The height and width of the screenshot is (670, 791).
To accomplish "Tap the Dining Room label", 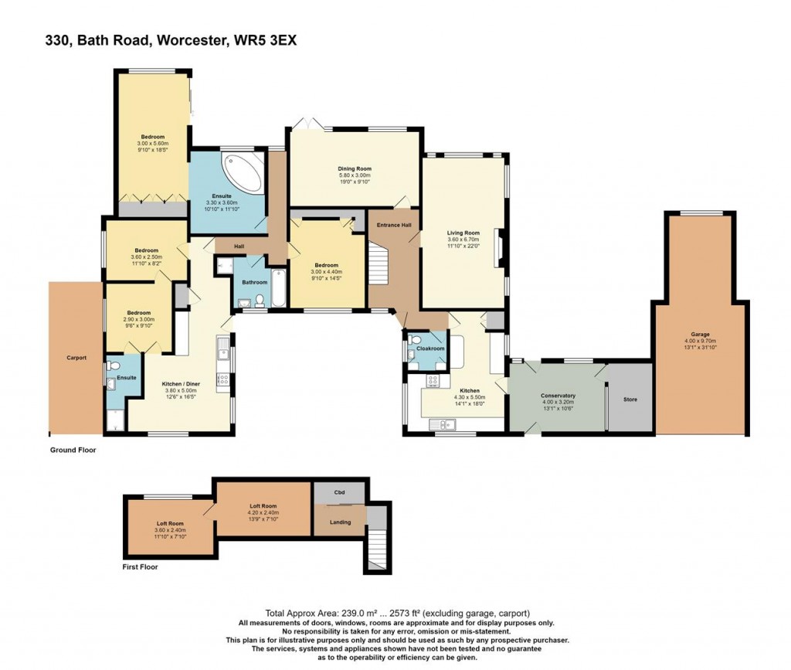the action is (x=355, y=168).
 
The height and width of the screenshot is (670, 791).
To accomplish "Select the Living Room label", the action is (x=463, y=233).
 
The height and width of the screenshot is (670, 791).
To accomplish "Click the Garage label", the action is (x=700, y=334).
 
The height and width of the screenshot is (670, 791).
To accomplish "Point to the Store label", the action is (x=630, y=399).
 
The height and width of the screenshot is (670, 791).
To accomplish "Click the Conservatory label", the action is (x=558, y=396).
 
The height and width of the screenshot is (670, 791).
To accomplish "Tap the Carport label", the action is (x=76, y=358).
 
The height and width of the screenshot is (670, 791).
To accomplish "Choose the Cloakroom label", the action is (x=430, y=348).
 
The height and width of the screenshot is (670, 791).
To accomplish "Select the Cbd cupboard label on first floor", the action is (x=340, y=492).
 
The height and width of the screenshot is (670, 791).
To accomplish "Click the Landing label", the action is (x=340, y=522).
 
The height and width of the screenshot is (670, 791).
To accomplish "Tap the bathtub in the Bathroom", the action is (x=278, y=288).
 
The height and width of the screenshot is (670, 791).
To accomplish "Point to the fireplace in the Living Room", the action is (x=499, y=248).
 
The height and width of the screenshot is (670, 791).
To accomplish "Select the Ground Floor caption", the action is (x=73, y=450).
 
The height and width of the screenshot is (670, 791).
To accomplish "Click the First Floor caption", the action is (x=141, y=567).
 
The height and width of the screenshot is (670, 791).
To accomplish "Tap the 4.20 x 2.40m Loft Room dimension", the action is (x=263, y=512).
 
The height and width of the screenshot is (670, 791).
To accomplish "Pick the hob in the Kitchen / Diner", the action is (x=222, y=380).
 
